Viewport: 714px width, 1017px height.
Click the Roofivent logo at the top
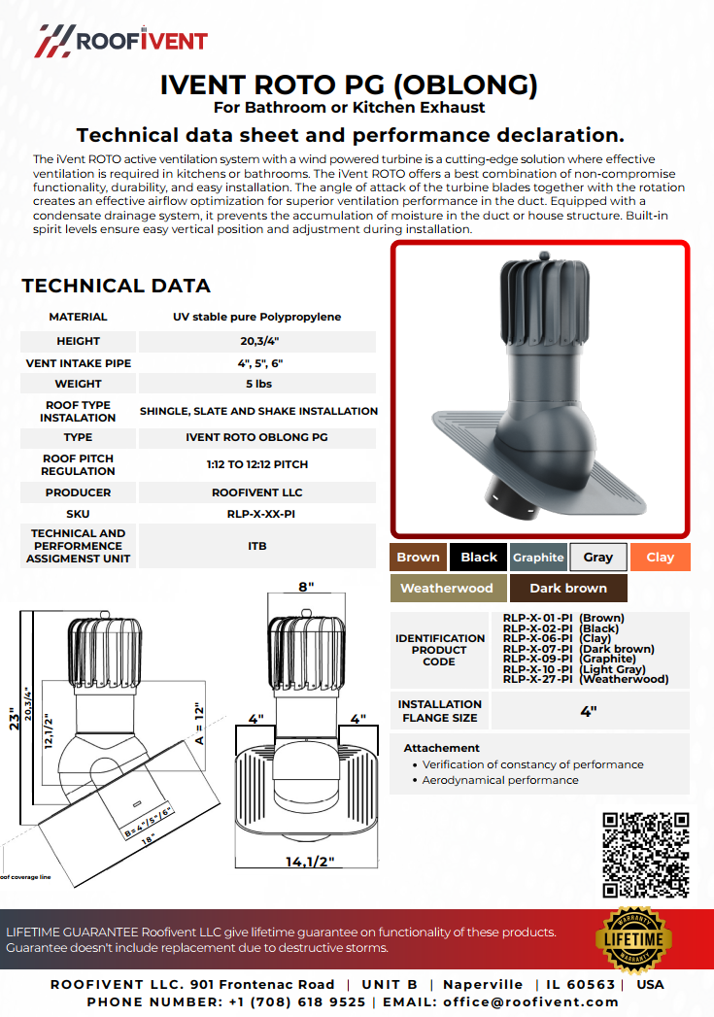(122, 40)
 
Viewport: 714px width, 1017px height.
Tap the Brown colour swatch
(418, 557)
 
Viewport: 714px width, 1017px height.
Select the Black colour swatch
(479, 557)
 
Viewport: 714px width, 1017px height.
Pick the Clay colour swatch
(660, 557)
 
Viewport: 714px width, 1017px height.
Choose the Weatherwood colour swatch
(447, 588)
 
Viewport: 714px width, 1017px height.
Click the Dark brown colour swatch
(568, 588)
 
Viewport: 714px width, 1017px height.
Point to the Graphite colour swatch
(538, 557)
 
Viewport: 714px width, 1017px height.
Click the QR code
(646, 854)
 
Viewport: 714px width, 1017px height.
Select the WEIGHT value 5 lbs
(256, 384)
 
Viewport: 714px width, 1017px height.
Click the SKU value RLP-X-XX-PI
(256, 513)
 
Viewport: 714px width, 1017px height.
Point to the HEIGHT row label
(79, 341)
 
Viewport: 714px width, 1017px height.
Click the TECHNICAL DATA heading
(116, 286)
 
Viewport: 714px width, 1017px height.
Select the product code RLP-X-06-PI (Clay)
(563, 638)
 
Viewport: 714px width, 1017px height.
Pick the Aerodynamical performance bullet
(500, 780)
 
